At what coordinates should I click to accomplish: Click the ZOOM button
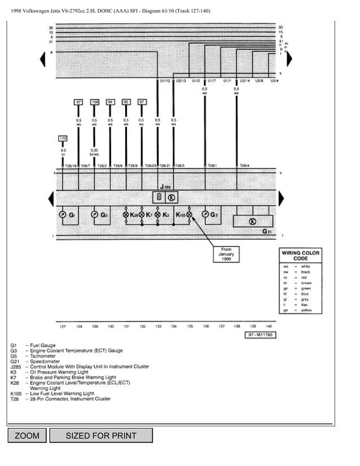[x=27, y=436]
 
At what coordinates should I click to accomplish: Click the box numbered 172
[x=63, y=138]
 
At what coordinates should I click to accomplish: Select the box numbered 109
[x=94, y=102]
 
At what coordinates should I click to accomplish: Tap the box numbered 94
[x=110, y=102]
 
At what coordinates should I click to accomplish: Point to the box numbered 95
[x=126, y=102]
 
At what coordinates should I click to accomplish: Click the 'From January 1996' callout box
[x=226, y=254]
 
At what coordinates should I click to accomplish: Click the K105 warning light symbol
[x=190, y=215]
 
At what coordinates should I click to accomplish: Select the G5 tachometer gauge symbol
[x=205, y=215]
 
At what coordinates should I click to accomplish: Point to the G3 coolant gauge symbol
[x=94, y=215]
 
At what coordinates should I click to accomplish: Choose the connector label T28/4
[x=244, y=165]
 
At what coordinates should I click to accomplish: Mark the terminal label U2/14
[x=244, y=81]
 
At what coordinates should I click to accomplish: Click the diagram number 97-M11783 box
[x=260, y=335]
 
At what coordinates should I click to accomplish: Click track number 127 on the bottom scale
[x=63, y=326]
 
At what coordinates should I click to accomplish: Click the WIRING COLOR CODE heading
[x=300, y=256]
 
